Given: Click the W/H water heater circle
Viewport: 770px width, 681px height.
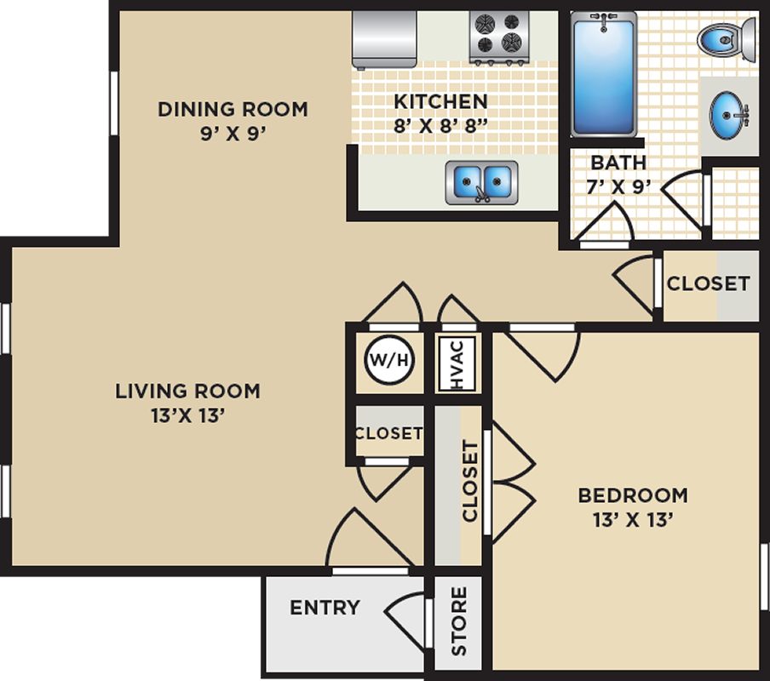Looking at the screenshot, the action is click(x=389, y=360).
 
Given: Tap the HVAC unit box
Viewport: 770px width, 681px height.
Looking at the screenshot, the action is click(x=457, y=363).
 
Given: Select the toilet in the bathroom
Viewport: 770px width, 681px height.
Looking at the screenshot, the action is click(x=727, y=39).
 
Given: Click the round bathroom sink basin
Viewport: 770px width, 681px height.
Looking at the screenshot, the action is click(x=727, y=115).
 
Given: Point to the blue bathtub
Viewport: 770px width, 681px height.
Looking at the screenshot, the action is click(x=604, y=74).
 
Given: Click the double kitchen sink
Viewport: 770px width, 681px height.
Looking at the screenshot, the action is click(x=482, y=182).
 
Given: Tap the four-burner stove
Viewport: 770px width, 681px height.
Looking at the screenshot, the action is click(x=499, y=37).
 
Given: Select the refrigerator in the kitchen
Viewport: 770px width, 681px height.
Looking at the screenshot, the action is click(x=384, y=39).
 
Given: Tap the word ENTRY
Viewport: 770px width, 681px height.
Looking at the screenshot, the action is click(x=325, y=608).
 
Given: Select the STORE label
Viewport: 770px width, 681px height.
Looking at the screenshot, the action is click(x=458, y=621).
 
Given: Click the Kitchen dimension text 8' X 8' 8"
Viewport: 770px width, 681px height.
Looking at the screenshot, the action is click(x=440, y=126).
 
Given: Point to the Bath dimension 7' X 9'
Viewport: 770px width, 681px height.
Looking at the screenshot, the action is click(x=618, y=186).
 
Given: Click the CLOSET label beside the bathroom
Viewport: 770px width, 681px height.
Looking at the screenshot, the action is click(x=708, y=283).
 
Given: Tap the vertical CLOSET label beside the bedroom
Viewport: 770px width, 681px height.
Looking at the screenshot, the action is click(x=470, y=481).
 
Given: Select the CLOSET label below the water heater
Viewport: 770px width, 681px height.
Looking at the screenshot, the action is click(x=388, y=433).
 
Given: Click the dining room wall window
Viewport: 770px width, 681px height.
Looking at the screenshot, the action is click(x=114, y=103).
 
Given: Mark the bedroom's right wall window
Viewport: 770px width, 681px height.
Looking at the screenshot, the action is click(x=764, y=577).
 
